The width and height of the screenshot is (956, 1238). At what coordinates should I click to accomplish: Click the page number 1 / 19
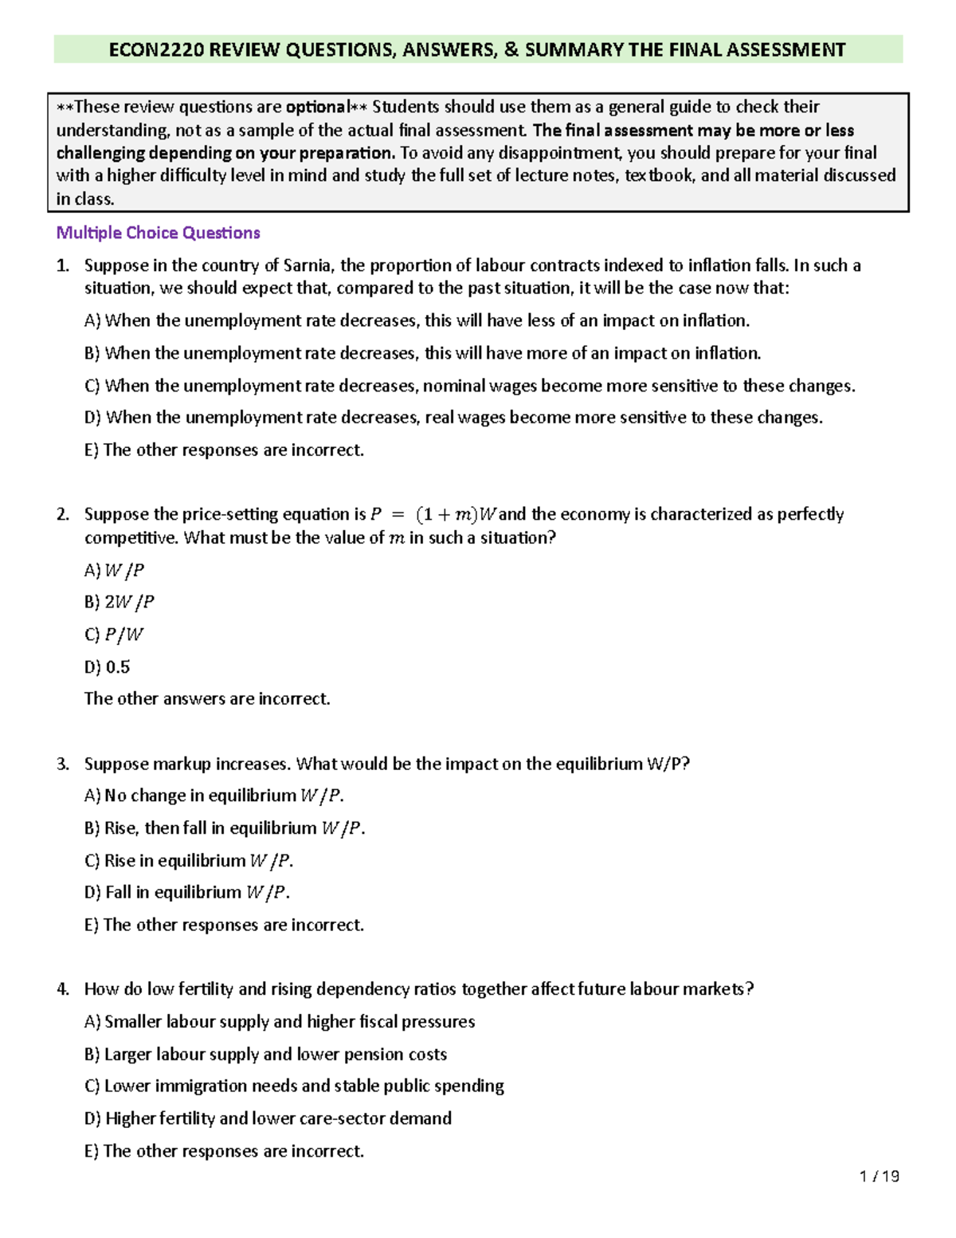880,1176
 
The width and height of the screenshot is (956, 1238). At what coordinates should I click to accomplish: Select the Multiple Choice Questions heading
158,233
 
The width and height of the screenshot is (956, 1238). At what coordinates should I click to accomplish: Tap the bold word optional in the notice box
317,107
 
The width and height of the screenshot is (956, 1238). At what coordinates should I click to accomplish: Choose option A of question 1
417,320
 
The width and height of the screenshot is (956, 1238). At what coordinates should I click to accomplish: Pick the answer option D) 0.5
107,666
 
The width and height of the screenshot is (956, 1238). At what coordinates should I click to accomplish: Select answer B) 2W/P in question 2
119,602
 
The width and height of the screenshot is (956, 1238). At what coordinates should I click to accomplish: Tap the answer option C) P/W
114,635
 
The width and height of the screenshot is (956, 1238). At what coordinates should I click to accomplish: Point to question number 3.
62,764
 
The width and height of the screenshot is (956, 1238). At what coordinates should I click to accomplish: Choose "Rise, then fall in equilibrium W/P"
225,828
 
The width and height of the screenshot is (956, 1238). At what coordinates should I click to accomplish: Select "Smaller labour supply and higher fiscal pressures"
279,1022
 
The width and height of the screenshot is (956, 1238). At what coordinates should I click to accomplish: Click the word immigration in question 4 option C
201,1086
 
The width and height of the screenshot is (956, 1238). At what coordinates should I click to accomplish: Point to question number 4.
62,989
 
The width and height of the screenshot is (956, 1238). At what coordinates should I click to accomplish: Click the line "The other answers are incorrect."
207,699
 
